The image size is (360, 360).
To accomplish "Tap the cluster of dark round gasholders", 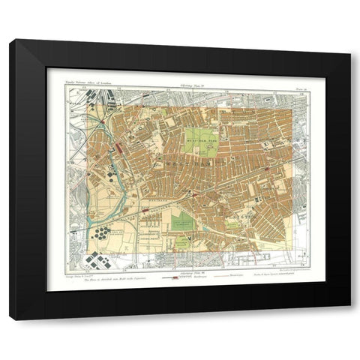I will coord(101,234).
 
